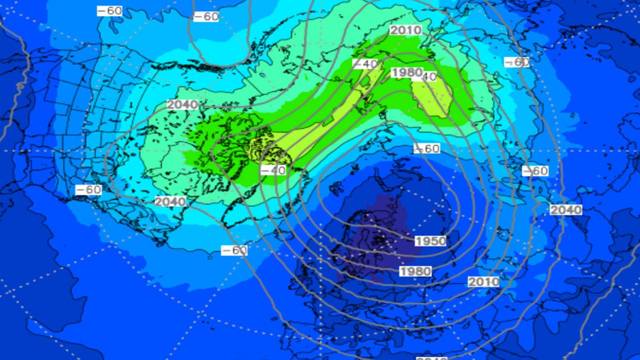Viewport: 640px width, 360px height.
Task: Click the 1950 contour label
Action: (x=430, y=241)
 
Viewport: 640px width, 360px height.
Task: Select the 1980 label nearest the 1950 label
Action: (x=415, y=271)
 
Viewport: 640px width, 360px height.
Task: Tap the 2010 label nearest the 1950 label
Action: (x=483, y=281)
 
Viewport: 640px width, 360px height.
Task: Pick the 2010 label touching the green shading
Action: (x=405, y=30)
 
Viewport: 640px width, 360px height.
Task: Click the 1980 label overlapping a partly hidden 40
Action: (x=406, y=72)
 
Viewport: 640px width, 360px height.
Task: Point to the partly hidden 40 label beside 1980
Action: (x=429, y=76)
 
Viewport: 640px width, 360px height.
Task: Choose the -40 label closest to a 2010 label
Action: (x=365, y=64)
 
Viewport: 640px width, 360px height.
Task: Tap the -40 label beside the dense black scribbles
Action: (x=273, y=170)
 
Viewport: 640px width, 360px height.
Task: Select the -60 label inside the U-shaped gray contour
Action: (x=205, y=16)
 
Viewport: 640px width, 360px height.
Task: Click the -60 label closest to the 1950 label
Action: (x=426, y=148)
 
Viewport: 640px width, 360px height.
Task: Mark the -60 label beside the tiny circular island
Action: (x=234, y=250)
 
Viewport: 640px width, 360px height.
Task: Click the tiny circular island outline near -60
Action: (x=210, y=257)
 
